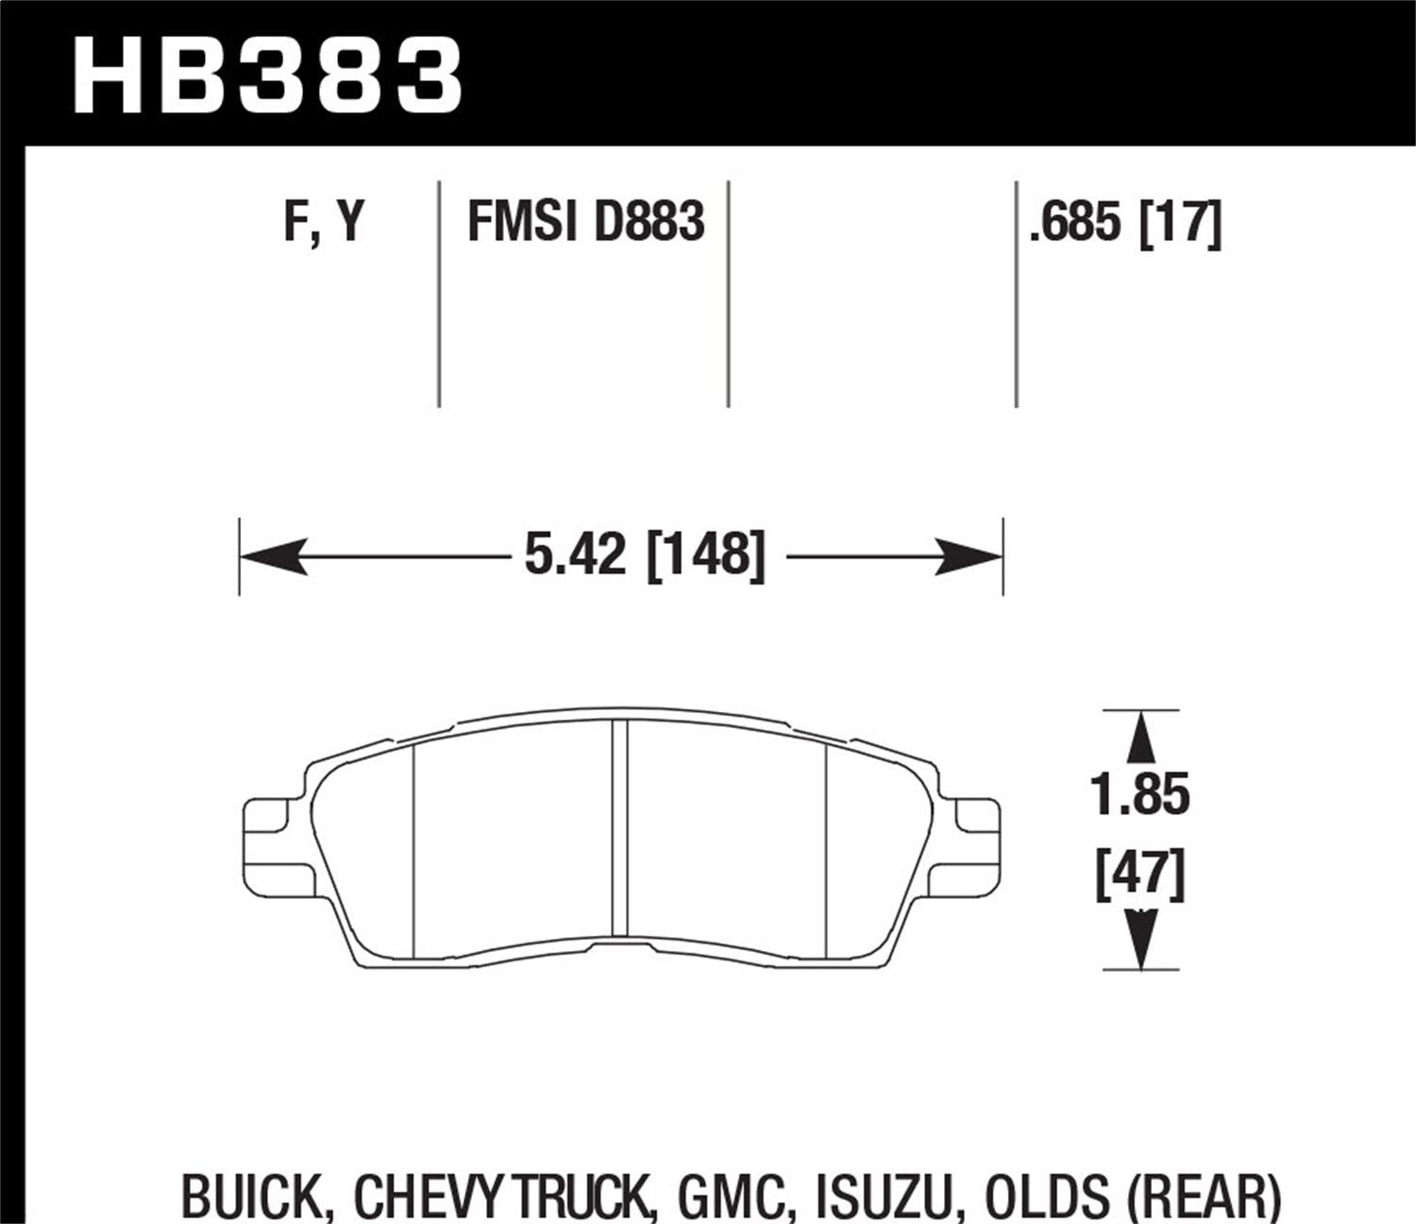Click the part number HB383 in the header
click(267, 75)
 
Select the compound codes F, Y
click(324, 224)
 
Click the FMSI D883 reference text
click(585, 224)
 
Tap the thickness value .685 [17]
click(1125, 224)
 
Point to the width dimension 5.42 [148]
click(644, 554)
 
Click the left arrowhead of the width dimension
click(274, 556)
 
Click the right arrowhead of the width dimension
click(969, 556)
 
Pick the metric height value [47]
click(1140, 875)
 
